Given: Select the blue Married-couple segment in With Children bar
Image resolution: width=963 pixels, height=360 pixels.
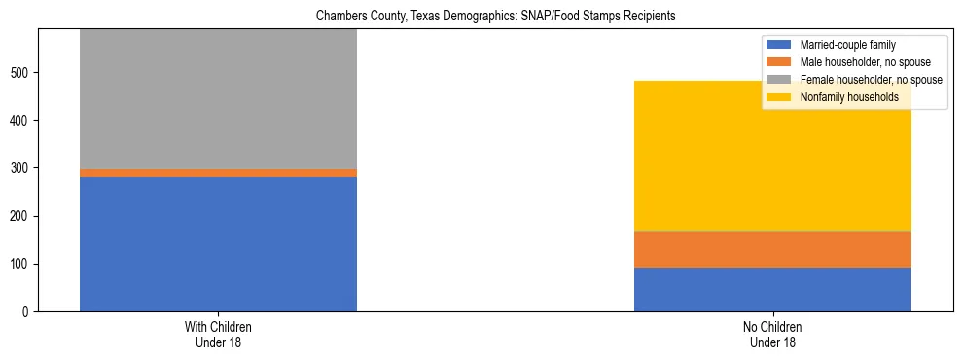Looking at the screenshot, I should click(218, 243).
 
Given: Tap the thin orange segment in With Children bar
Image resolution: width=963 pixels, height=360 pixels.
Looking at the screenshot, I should click(218, 173).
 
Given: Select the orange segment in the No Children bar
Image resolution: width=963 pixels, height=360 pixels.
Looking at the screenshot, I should click(772, 249).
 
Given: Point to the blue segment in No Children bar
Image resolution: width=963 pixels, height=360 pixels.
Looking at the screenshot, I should click(772, 289).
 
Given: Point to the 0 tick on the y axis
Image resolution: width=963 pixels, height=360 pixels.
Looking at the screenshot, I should click(28, 312).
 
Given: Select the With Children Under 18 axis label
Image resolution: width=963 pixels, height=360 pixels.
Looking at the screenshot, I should click(218, 335).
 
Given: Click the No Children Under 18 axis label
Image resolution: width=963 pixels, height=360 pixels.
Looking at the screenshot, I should click(772, 335).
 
